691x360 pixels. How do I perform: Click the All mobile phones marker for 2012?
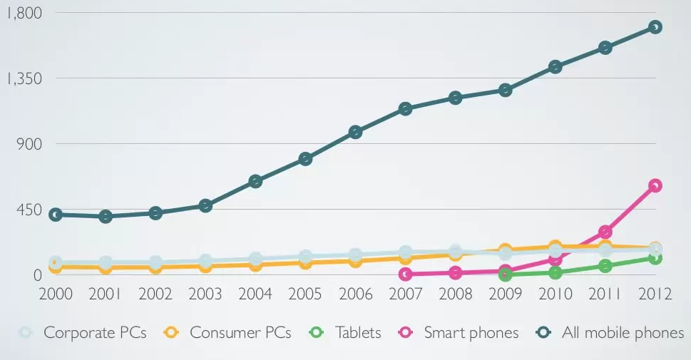(x=655, y=27)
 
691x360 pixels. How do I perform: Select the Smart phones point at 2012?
(x=655, y=185)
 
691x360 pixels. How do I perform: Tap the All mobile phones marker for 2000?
(x=56, y=215)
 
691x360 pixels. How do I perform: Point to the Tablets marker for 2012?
(x=655, y=258)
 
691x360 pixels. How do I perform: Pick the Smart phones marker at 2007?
(x=406, y=274)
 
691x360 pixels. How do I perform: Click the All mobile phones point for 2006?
(x=355, y=132)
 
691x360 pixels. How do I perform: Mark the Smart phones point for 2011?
(x=605, y=232)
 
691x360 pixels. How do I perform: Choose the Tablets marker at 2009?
(x=506, y=274)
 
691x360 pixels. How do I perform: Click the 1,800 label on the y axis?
(x=23, y=13)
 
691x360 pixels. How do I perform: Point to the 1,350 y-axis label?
(x=23, y=78)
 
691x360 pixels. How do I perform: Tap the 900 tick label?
(x=29, y=144)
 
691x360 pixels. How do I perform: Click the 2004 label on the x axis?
(x=255, y=294)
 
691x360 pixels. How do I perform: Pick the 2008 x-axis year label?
(x=455, y=294)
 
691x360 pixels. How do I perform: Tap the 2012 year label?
(x=655, y=294)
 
